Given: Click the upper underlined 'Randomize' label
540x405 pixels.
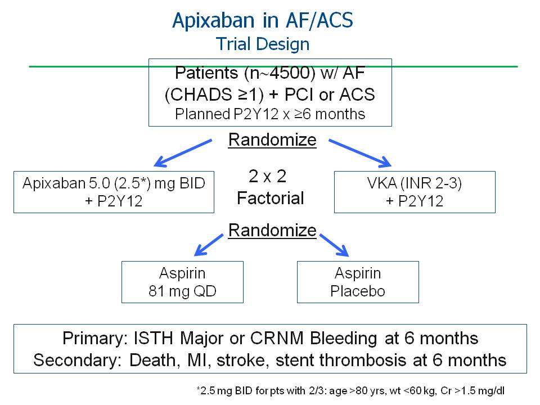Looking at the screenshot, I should [x=272, y=139].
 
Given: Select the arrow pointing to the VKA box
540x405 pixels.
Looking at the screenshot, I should [x=359, y=153].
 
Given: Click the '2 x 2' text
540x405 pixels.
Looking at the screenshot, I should [x=268, y=177].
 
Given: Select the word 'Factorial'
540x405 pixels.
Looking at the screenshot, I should [x=270, y=198].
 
